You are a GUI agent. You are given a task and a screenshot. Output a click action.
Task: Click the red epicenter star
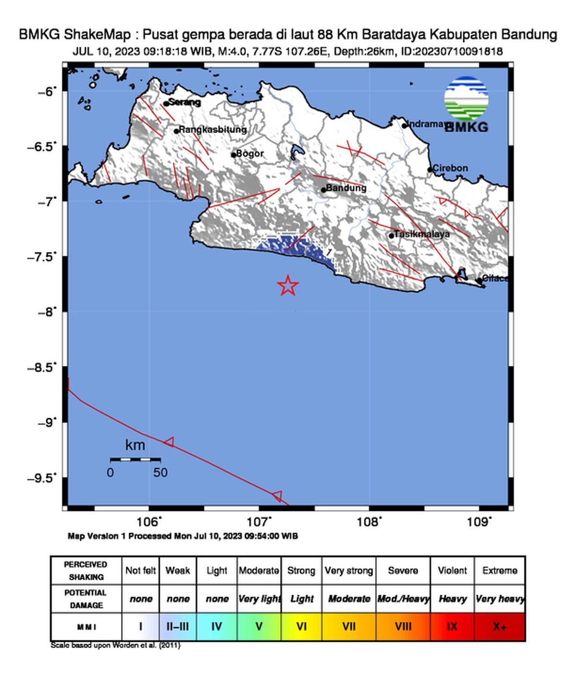(288, 285)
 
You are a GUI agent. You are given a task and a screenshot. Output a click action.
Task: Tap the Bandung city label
(346, 188)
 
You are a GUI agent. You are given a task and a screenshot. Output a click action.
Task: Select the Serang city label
(185, 102)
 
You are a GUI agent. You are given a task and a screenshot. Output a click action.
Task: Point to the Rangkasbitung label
(213, 130)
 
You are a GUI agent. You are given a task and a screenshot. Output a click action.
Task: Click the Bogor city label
(250, 154)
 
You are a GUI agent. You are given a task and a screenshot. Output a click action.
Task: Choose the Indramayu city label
(427, 124)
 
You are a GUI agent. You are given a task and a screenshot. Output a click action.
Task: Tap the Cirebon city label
(450, 168)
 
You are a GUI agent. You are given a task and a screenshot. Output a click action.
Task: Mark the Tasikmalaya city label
(421, 234)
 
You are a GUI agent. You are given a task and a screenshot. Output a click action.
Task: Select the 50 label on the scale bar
(160, 473)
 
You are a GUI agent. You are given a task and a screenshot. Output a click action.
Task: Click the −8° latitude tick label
(47, 312)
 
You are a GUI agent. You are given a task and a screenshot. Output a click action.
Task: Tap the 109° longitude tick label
(480, 522)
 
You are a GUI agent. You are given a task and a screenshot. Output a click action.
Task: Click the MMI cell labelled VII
(348, 627)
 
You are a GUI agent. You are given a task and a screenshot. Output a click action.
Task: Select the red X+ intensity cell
(500, 627)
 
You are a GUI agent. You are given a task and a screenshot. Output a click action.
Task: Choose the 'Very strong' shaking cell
(348, 570)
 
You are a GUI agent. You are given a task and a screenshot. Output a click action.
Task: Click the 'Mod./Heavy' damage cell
(403, 599)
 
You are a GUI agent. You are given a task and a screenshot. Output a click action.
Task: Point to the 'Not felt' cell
(141, 570)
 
